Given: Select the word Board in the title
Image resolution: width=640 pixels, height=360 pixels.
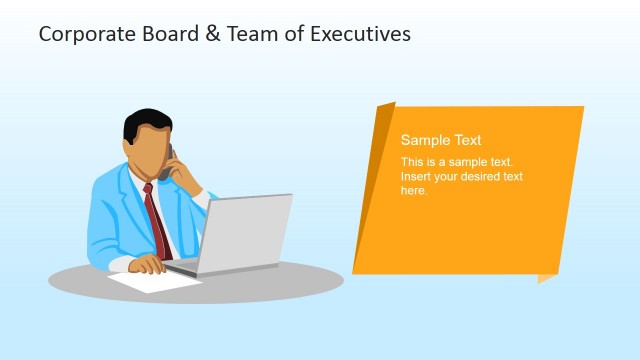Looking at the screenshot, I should click(x=158, y=34).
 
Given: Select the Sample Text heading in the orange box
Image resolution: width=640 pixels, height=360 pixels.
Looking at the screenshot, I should click(x=441, y=141).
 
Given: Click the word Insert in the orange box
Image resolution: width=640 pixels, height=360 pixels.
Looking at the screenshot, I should click(x=416, y=177).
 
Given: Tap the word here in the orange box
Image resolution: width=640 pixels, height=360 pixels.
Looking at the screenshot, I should click(x=414, y=190).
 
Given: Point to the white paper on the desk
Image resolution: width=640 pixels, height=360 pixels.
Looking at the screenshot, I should click(x=150, y=282).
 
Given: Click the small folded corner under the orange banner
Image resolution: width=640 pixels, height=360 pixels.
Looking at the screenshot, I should click(x=547, y=277).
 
